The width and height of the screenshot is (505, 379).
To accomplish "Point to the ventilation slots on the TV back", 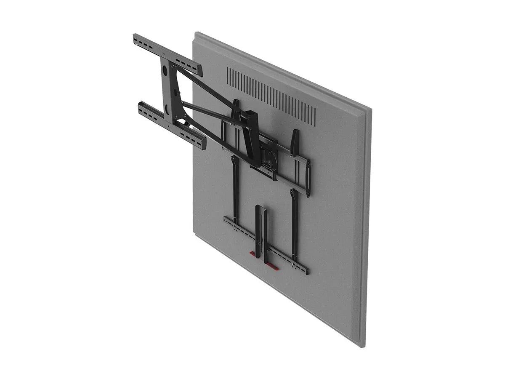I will (x=271, y=96).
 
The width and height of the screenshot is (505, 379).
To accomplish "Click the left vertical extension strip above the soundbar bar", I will (x=236, y=189).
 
